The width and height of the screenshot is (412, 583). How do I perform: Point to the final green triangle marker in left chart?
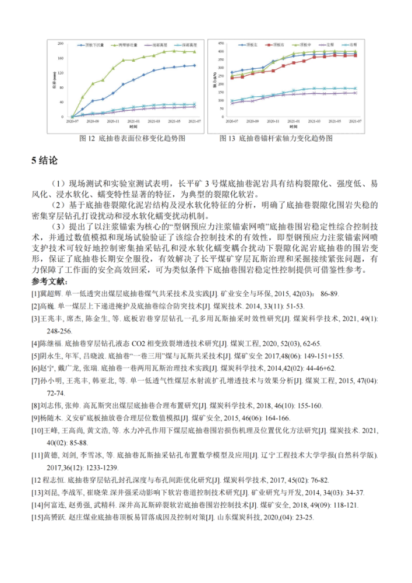coord(195,51)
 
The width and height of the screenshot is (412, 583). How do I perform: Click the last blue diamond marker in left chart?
coord(195,65)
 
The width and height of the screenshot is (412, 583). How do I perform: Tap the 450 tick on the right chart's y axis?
coord(220,43)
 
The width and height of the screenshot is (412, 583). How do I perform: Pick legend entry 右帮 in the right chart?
coord(332,44)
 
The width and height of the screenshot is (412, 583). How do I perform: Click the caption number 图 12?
coord(88,139)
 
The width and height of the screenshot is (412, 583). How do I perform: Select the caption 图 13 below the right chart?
coord(227,139)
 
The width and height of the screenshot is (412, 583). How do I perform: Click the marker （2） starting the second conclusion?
coord(59,205)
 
